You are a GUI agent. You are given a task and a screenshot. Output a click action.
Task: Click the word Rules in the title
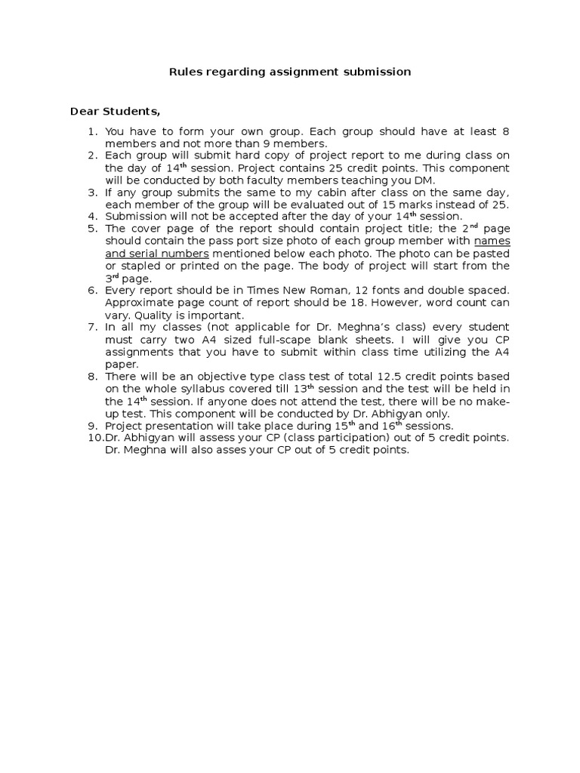pos(181,72)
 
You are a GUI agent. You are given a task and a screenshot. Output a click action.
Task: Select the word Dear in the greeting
pos(84,112)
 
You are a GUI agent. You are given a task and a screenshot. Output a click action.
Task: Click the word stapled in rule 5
pos(140,266)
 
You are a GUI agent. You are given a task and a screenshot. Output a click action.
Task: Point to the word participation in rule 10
pos(357,438)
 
